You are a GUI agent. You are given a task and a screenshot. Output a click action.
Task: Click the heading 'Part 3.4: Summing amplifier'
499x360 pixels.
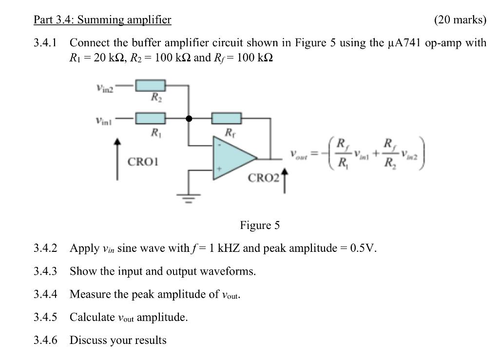(x=102, y=20)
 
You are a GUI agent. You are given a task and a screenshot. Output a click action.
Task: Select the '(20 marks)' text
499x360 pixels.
(x=460, y=20)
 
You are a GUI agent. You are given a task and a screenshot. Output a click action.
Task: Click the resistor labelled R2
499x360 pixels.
(x=151, y=86)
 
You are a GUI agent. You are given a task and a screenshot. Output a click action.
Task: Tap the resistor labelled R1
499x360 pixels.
(x=151, y=118)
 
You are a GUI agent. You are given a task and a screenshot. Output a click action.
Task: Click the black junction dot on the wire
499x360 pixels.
(x=189, y=118)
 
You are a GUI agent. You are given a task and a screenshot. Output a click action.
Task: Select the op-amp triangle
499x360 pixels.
(x=232, y=157)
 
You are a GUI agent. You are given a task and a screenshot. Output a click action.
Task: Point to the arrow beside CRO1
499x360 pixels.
(x=117, y=159)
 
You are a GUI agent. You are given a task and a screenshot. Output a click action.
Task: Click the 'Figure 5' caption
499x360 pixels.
(x=260, y=225)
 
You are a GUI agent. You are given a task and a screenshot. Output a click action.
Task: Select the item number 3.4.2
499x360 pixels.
(x=45, y=248)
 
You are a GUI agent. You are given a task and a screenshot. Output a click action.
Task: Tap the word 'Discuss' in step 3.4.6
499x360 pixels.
(x=86, y=340)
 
